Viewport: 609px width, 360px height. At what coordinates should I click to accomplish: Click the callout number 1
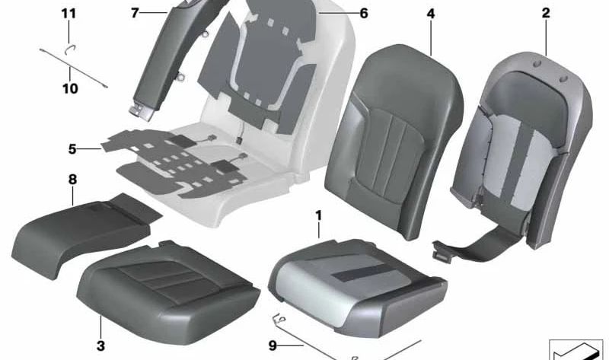[x=319, y=215]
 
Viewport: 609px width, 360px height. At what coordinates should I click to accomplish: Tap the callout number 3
[x=101, y=346]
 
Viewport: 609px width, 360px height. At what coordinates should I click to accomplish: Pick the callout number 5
[x=72, y=149]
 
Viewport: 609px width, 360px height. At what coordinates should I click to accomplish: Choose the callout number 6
[x=363, y=13]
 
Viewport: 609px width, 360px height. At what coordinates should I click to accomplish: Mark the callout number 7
[x=135, y=12]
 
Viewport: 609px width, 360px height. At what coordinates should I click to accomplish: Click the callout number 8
[x=72, y=180]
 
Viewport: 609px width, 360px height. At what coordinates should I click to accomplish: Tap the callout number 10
[x=70, y=88]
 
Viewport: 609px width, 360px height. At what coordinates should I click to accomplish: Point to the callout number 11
[x=69, y=14]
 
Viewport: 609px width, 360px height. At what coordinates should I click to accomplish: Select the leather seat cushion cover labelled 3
[x=164, y=285]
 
